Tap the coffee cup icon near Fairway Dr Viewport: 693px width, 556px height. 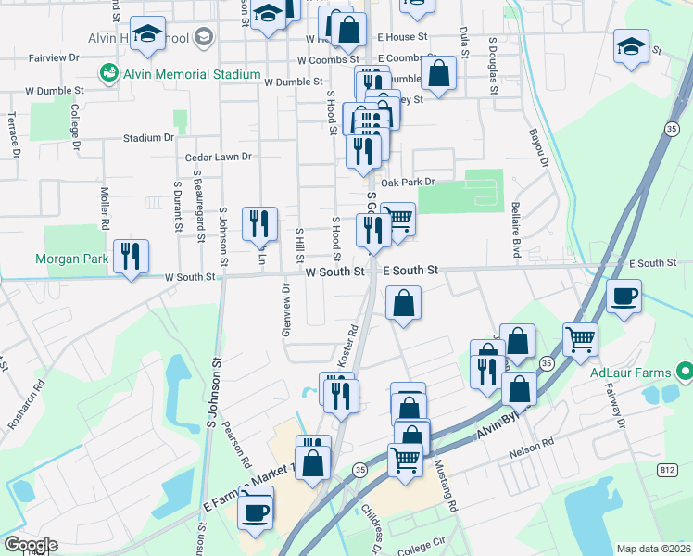point(624,297)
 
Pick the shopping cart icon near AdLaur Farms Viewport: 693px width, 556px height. point(580,339)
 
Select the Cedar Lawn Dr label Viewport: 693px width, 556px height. point(219,158)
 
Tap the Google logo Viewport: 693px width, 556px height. point(30,545)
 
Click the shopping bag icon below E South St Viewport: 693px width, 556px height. point(404,303)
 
